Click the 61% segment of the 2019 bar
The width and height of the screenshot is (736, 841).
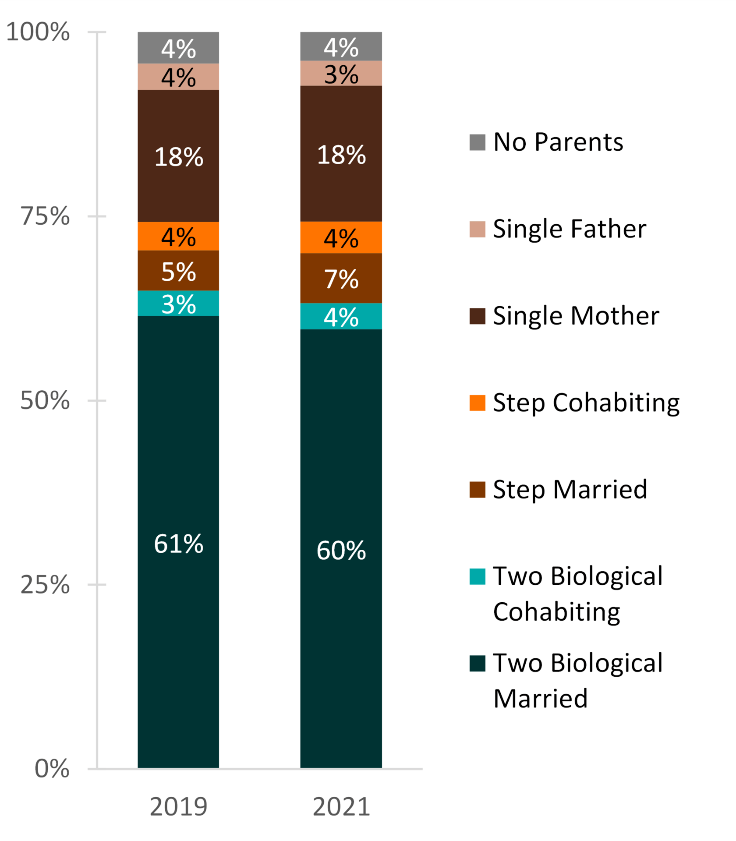[x=178, y=543]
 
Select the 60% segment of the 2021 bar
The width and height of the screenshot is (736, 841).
[x=341, y=550]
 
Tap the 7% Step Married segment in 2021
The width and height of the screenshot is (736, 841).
[x=341, y=279]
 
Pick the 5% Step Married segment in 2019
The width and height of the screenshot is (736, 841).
[x=178, y=271]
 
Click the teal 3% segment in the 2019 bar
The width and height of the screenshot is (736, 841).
[x=178, y=304]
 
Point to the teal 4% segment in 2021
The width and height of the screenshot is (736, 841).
[x=341, y=317]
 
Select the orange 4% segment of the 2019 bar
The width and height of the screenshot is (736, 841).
[x=178, y=237]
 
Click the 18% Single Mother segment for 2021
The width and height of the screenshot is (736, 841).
[x=341, y=154]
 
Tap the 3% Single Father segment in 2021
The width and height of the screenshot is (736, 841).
[x=341, y=74]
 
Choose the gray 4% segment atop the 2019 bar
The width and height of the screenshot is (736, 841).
[x=178, y=48]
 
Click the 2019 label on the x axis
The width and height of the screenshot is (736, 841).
[x=178, y=807]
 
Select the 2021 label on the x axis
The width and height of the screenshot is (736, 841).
[x=341, y=807]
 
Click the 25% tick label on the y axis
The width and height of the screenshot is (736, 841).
[x=45, y=584]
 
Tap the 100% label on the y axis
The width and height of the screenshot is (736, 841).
[x=38, y=32]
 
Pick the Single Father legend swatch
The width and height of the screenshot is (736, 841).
[x=477, y=229]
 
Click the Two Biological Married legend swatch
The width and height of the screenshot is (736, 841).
[x=477, y=664]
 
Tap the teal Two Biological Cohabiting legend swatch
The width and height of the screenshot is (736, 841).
[x=477, y=576]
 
